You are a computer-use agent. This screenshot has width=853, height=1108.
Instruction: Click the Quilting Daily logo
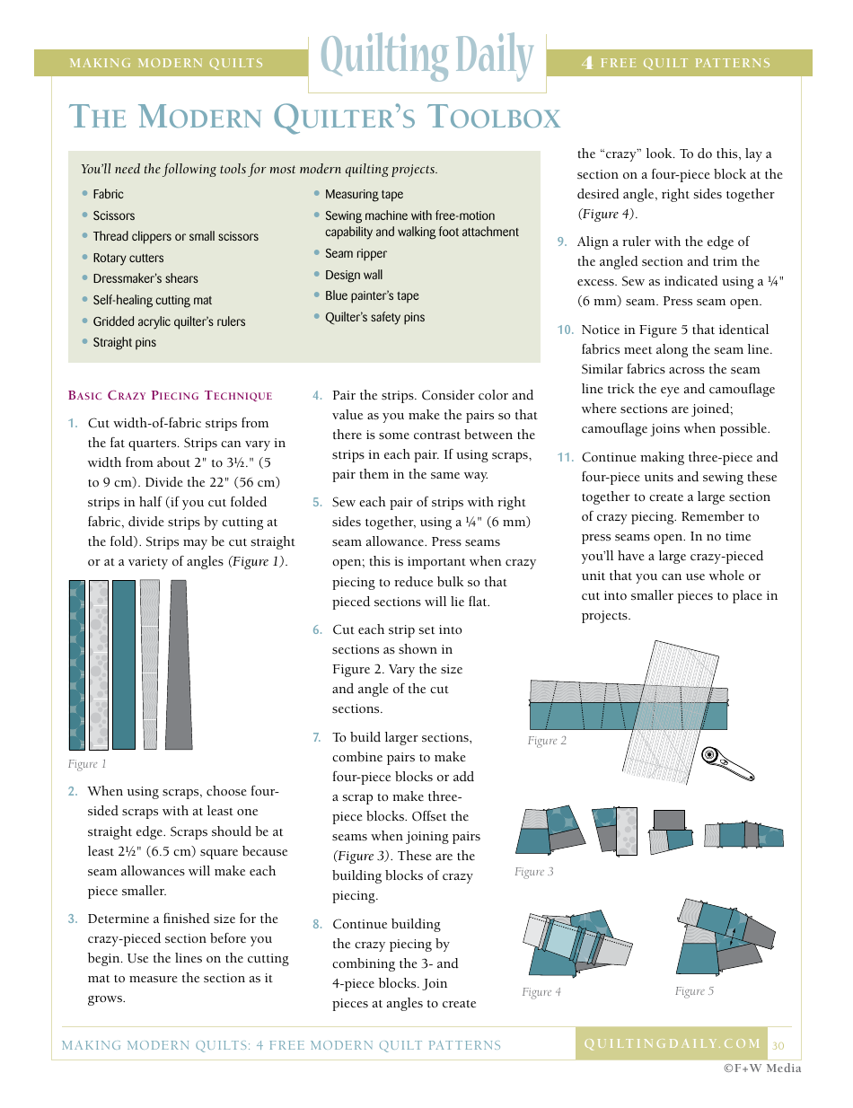(427, 58)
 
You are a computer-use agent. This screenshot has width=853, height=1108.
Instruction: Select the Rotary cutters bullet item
(128, 258)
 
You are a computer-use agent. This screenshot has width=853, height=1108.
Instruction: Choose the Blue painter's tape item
(372, 296)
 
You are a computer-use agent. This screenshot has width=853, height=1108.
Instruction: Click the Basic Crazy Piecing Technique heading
(171, 396)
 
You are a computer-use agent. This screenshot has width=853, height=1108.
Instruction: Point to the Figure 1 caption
(87, 764)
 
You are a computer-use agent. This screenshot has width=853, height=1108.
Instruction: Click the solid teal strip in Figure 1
(124, 664)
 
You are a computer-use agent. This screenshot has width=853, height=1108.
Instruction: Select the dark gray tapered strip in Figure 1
(179, 664)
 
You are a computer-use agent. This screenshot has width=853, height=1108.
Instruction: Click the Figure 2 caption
(547, 741)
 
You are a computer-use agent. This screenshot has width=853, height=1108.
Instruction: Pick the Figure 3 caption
(534, 872)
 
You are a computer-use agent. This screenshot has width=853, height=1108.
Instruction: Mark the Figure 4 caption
(541, 992)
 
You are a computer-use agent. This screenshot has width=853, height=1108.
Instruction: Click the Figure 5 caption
(694, 991)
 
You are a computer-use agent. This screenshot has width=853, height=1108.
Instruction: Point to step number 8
(317, 925)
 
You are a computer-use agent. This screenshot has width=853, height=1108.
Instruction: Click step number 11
(565, 458)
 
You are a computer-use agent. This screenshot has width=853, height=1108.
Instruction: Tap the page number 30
(778, 1045)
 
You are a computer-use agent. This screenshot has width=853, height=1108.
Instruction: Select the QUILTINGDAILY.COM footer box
(672, 1043)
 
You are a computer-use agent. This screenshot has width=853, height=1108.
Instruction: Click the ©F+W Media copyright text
(762, 1068)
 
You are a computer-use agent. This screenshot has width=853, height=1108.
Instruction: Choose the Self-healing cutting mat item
(153, 301)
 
